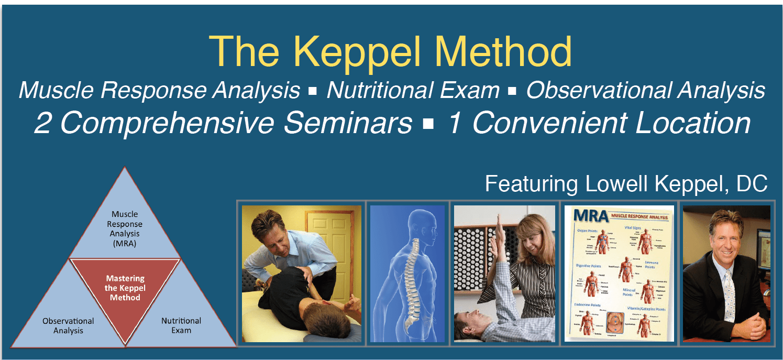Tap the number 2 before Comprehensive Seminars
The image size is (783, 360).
coord(44,124)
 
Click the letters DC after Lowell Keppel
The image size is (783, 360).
coord(752,184)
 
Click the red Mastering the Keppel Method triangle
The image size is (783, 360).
coord(125,287)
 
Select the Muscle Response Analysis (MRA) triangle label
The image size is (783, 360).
coord(125,228)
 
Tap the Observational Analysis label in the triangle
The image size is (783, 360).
coord(68,325)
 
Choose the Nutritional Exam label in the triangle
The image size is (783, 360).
coord(181,325)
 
